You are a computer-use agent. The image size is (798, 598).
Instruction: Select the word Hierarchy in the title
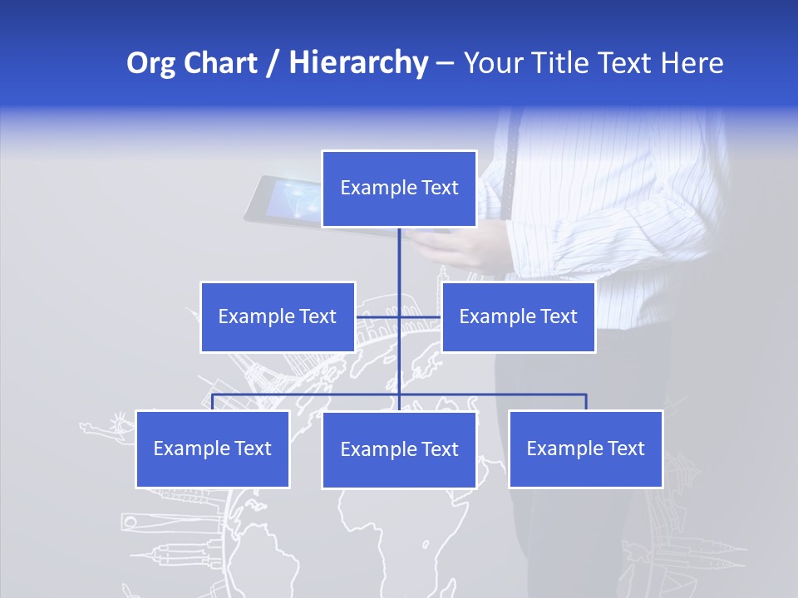pos(357,63)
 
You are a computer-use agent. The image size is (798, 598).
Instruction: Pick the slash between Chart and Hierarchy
pos(273,64)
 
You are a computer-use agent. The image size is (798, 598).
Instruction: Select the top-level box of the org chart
pos(399,189)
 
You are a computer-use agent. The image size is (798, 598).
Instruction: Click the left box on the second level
pos(278,316)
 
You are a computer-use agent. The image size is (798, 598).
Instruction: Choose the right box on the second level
pos(518,316)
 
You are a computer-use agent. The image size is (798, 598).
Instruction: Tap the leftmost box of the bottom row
pos(213,448)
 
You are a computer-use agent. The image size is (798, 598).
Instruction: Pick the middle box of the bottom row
pos(399,449)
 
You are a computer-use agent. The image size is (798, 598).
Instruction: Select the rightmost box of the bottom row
pos(585,448)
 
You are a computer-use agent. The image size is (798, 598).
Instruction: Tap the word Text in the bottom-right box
pos(627,448)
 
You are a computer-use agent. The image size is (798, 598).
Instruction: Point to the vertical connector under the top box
pos(399,257)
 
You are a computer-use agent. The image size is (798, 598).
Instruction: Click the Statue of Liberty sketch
pos(106,428)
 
